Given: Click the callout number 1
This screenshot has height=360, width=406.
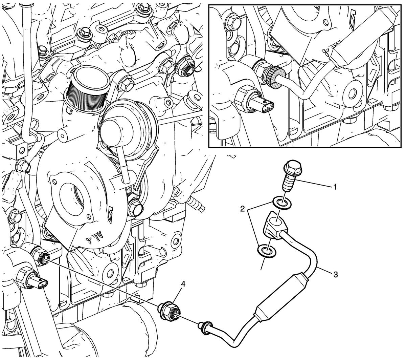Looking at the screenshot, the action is pyautogui.click(x=334, y=187).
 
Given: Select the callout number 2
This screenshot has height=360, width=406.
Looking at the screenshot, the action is pyautogui.click(x=243, y=210).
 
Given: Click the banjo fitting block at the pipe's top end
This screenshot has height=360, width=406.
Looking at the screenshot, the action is pyautogui.click(x=275, y=225).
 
